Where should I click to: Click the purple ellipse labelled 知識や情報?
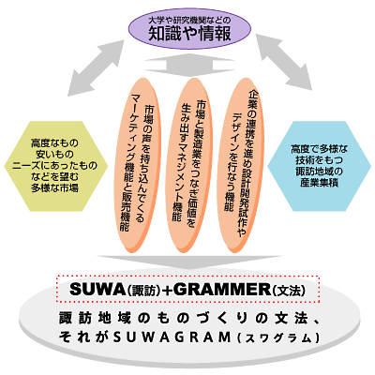[190, 29]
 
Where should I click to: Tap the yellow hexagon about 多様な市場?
[56, 166]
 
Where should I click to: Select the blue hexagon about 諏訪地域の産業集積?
[320, 166]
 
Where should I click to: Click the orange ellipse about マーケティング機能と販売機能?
[138, 165]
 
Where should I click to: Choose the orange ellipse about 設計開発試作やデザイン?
[241, 165]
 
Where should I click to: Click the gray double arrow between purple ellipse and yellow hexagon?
[96, 67]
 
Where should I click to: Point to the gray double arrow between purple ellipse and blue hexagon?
[284, 62]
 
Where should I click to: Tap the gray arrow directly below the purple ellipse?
[189, 66]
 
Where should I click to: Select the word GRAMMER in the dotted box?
[221, 290]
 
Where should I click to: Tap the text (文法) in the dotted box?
[289, 291]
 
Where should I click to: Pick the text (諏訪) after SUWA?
[143, 291]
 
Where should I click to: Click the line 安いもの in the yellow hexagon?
[54, 155]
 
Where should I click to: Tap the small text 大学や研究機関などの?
[189, 21]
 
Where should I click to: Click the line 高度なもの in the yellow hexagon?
[54, 143]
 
